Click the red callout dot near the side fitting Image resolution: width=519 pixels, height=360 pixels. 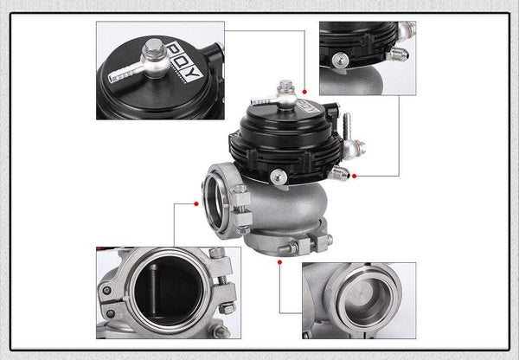coord(354,176)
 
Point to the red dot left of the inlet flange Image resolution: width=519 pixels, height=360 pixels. coord(197,204)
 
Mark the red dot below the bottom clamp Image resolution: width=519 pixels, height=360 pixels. coord(279,258)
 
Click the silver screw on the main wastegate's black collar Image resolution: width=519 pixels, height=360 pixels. coord(277,177)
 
